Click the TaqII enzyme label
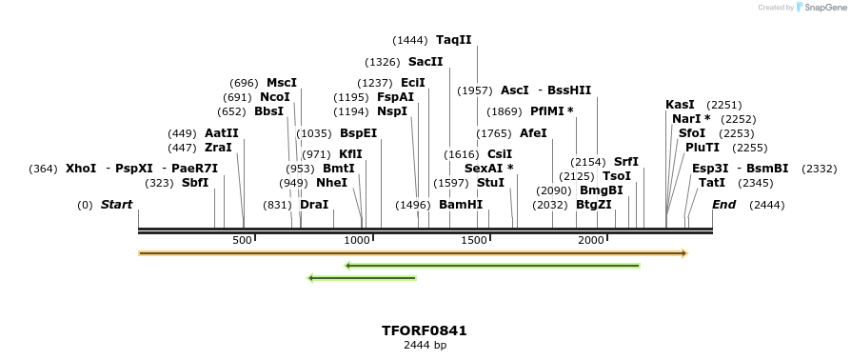453,40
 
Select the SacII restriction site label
425,62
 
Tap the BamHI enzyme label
461,205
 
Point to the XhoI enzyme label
81,169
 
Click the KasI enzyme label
680,105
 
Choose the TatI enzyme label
711,183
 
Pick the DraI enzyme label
314,205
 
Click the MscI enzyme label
282,83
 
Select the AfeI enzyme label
533,133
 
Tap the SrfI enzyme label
626,162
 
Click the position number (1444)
409,40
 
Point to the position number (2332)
820,169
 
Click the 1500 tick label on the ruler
473,240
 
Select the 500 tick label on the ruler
242,240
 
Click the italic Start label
116,205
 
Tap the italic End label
723,205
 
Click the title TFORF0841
425,330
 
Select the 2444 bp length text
425,345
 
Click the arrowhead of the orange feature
683,253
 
